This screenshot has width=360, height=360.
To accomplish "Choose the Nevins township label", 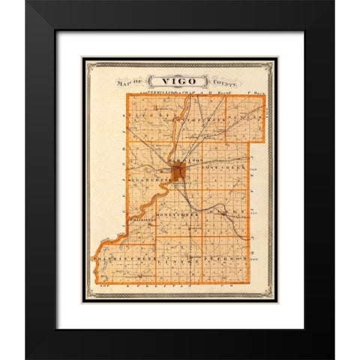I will click(x=248, y=118).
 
